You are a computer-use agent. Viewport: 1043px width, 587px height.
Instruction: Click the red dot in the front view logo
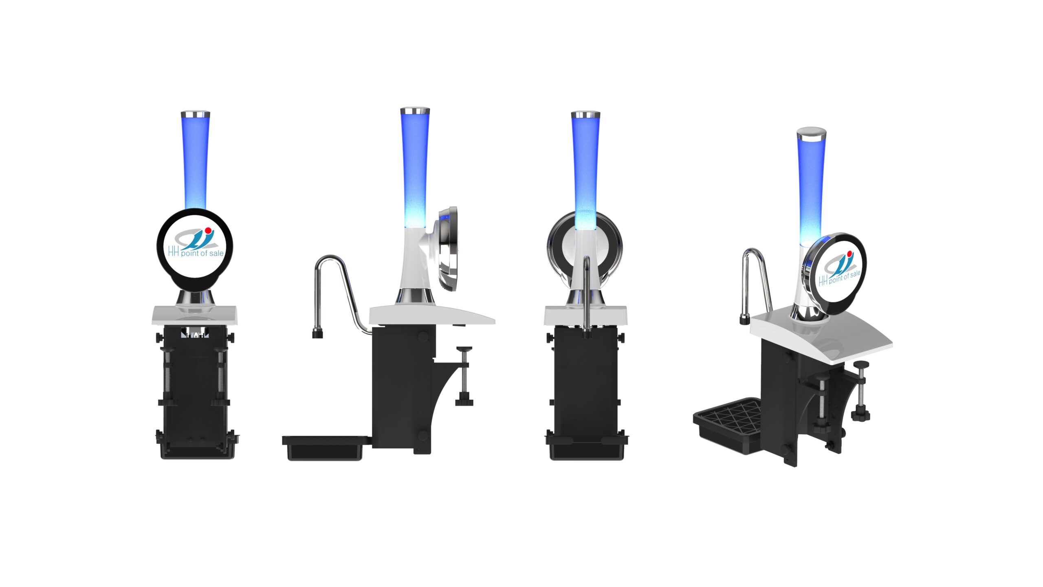208,230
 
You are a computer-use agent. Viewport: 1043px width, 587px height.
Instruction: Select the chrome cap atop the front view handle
196,113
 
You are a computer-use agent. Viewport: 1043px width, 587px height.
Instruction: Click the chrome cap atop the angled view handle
811,134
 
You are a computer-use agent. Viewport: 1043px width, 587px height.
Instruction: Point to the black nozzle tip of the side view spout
318,334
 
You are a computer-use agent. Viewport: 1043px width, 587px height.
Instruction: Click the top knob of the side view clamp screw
464,349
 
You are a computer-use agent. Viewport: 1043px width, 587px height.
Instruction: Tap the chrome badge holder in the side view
448,249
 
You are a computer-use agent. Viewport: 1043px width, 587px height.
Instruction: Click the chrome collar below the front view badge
196,298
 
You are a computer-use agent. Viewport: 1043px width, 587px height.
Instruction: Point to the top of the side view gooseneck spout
330,257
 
